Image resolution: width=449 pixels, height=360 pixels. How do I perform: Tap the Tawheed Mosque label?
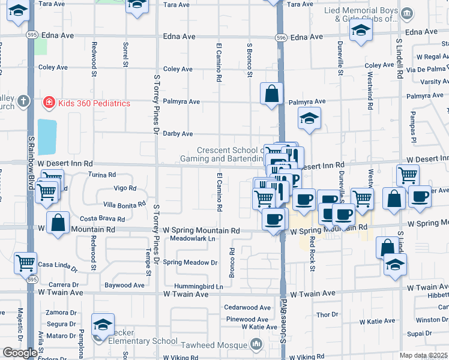click(x=222, y=344)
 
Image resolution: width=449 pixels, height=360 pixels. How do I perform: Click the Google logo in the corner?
click(x=20, y=353)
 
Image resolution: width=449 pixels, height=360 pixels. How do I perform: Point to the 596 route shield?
click(x=281, y=37)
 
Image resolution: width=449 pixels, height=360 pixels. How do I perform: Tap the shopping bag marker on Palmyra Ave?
click(x=271, y=94)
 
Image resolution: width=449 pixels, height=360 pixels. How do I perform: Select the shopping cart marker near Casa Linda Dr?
click(x=25, y=262)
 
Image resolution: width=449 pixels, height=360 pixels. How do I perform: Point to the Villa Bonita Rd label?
click(x=125, y=204)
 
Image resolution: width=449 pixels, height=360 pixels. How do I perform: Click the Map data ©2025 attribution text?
click(x=424, y=356)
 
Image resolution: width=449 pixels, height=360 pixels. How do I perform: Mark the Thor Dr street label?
click(x=327, y=314)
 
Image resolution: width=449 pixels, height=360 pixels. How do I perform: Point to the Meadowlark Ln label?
click(x=192, y=238)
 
